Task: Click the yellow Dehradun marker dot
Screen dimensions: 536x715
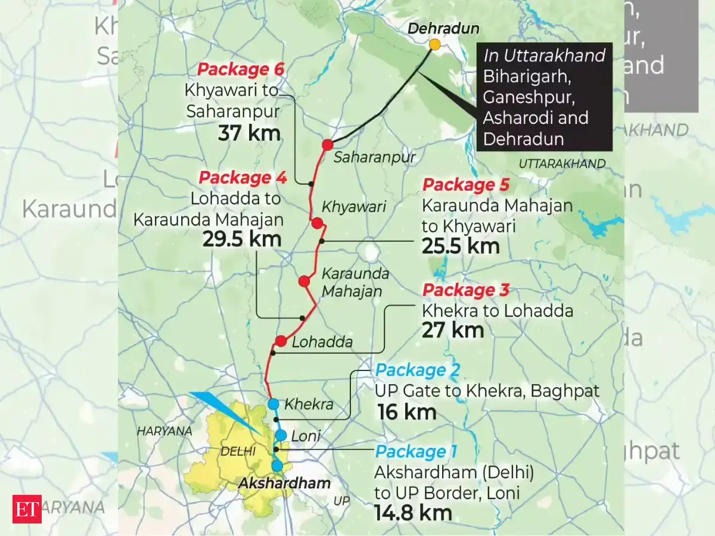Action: (435, 45)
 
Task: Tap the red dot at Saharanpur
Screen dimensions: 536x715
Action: (327, 145)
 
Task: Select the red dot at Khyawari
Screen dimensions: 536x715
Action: (317, 223)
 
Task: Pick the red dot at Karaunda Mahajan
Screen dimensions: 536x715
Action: (304, 281)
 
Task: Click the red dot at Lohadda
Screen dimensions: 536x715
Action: (281, 341)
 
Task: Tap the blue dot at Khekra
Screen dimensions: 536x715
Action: (273, 404)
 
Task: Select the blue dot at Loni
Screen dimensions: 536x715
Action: (281, 435)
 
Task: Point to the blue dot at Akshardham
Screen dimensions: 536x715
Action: (277, 466)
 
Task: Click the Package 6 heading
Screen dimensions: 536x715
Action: (240, 70)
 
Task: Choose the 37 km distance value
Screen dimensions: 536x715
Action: (249, 133)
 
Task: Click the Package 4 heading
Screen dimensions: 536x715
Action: (243, 177)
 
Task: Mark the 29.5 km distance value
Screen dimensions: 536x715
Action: (243, 239)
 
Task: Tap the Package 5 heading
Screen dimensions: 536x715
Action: (465, 185)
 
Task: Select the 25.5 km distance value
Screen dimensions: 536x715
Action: (461, 246)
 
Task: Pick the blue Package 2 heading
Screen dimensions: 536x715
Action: (418, 371)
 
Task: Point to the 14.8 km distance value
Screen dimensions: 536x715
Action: (413, 513)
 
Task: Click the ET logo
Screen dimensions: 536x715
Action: (27, 509)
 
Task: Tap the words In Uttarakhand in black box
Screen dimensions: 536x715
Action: (545, 56)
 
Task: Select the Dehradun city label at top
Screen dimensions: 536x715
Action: (435, 29)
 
